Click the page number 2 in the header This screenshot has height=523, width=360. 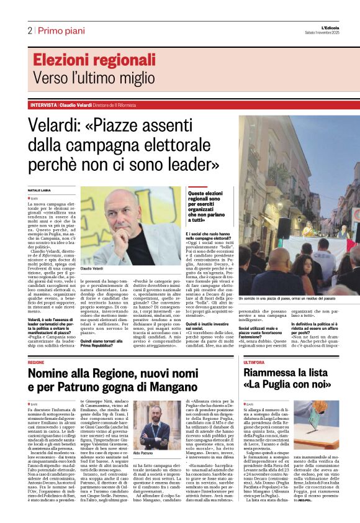[30, 30]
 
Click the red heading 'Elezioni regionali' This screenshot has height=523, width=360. [86, 60]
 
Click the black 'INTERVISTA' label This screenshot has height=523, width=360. [43, 105]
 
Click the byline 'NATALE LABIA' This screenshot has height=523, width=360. [40, 189]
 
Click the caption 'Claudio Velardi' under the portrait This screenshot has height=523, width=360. [94, 268]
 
